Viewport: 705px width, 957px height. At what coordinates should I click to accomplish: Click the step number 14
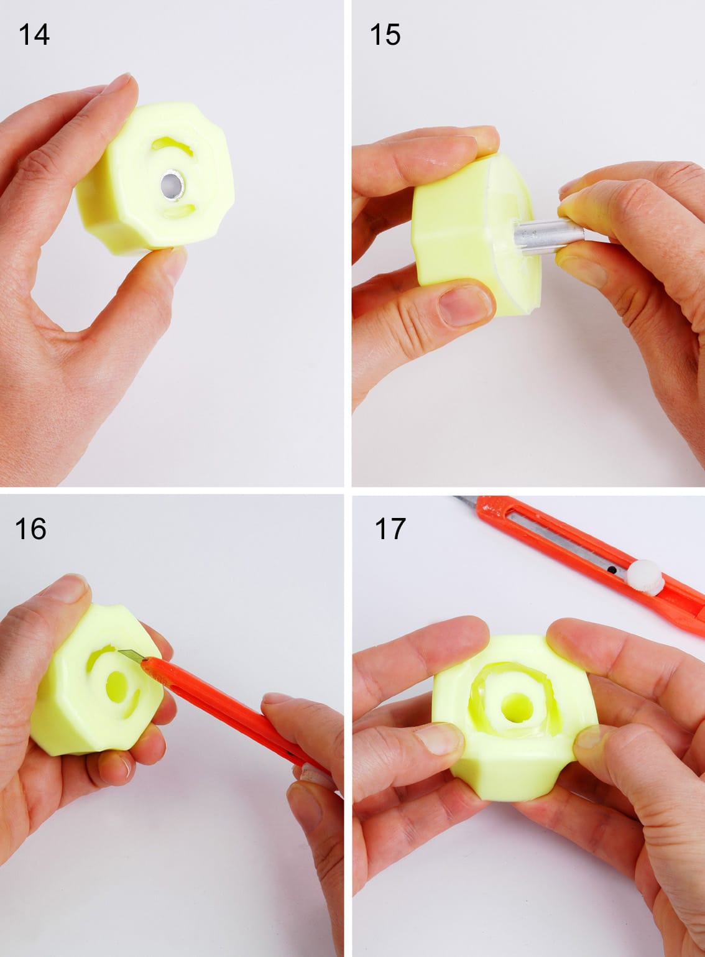34,35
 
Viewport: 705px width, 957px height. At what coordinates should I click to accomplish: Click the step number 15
385,35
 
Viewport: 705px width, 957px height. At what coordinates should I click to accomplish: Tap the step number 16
30,529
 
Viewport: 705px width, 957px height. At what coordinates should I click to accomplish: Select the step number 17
390,529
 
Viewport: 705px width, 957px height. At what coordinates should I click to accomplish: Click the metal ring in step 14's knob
172,185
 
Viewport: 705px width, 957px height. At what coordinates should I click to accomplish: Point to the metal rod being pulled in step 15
549,236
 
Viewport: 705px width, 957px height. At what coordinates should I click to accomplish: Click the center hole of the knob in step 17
517,710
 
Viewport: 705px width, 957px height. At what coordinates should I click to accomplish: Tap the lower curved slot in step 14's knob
179,211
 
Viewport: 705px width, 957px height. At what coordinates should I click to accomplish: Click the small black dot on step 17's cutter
612,570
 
